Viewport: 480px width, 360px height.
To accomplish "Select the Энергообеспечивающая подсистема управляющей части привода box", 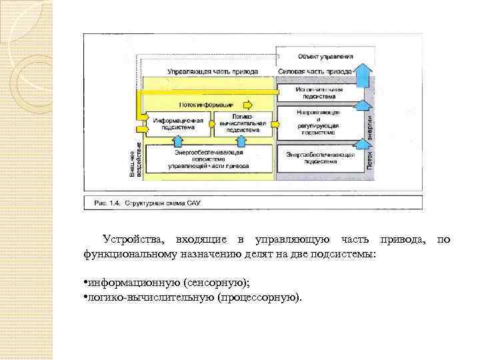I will pyautogui.click(x=209, y=159).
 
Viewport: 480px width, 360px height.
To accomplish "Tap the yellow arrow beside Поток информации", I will pyautogui.click(x=248, y=105).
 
